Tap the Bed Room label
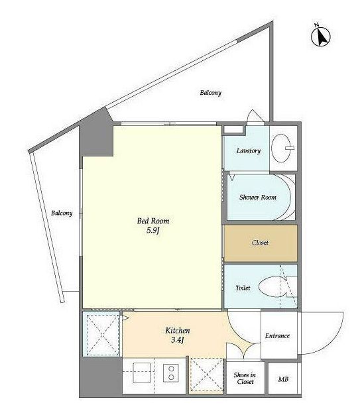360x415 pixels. (153, 221)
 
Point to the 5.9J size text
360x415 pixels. (153, 231)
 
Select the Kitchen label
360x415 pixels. (178, 330)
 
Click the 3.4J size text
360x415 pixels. (178, 340)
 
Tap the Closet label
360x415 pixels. (260, 243)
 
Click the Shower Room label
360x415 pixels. (258, 197)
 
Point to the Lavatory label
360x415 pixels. (249, 151)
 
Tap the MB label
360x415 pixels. (283, 379)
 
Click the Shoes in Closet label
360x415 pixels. (245, 379)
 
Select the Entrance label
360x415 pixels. (277, 335)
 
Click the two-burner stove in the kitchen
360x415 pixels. (171, 373)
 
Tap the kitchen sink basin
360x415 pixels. (142, 373)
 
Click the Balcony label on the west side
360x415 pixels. (62, 213)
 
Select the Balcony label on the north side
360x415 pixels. (210, 93)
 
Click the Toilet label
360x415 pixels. (243, 288)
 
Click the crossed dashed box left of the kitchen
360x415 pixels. (103, 335)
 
